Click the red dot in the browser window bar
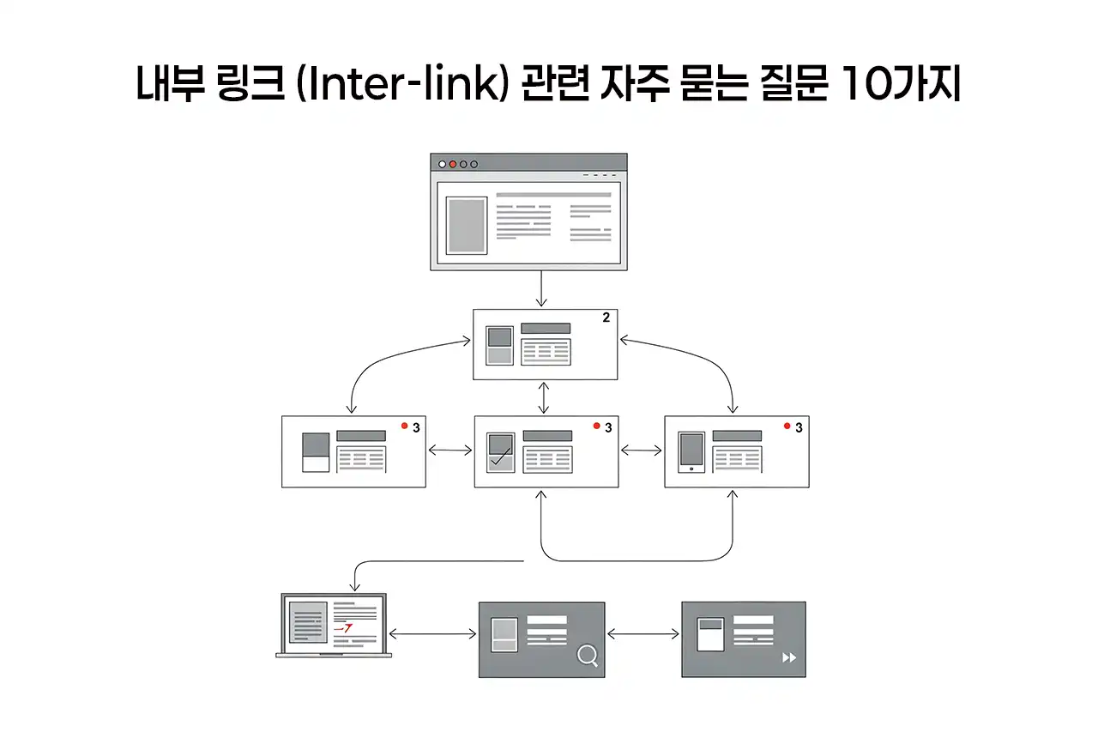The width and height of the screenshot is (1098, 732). point(453,164)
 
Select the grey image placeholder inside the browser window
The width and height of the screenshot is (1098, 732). point(467,226)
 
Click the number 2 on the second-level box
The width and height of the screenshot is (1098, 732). point(606,318)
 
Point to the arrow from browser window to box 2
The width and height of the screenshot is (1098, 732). point(541,289)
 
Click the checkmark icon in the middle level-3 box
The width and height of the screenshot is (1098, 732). point(500,456)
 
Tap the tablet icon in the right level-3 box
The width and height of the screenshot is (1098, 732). point(691,451)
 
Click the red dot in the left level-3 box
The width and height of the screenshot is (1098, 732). point(404,426)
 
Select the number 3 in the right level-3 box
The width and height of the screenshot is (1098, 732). point(799,427)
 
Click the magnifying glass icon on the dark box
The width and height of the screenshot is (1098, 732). point(588,656)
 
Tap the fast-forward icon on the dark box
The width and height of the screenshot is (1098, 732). point(789,657)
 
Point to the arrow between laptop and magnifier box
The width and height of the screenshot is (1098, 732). point(432,634)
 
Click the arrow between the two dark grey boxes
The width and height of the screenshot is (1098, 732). point(643,634)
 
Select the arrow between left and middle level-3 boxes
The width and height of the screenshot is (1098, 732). point(449,450)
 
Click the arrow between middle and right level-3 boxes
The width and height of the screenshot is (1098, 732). point(642,450)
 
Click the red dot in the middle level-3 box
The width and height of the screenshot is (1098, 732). point(596,426)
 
